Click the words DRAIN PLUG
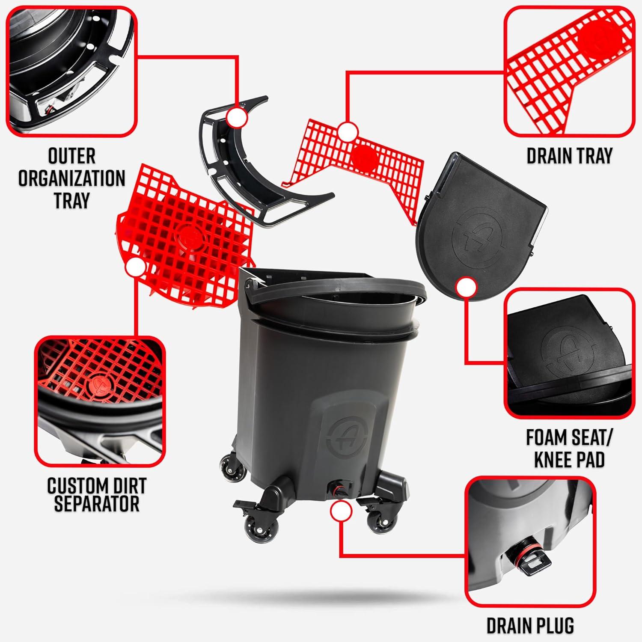coord(530,625)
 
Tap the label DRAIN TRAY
coord(569,156)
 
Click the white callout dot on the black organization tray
coord(237,118)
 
